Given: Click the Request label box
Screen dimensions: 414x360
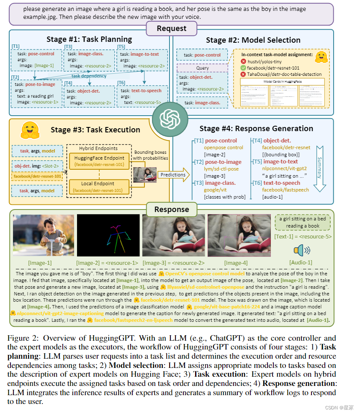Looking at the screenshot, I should tap(172, 28).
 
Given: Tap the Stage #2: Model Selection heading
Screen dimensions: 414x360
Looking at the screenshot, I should tap(253, 40).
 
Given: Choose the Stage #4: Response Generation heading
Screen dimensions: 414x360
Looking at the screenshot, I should tap(253, 128).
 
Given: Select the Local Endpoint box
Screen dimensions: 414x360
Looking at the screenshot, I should tap(100, 186).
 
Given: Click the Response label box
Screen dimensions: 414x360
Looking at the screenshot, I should tap(172, 209).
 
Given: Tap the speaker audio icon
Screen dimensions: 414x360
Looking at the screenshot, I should tap(301, 250).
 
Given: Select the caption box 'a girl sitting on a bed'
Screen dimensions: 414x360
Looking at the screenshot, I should tap(303, 223).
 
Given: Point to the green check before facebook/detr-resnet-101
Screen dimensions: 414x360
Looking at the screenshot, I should tap(243, 67).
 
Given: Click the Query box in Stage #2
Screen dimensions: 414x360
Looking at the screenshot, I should tap(202, 68).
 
